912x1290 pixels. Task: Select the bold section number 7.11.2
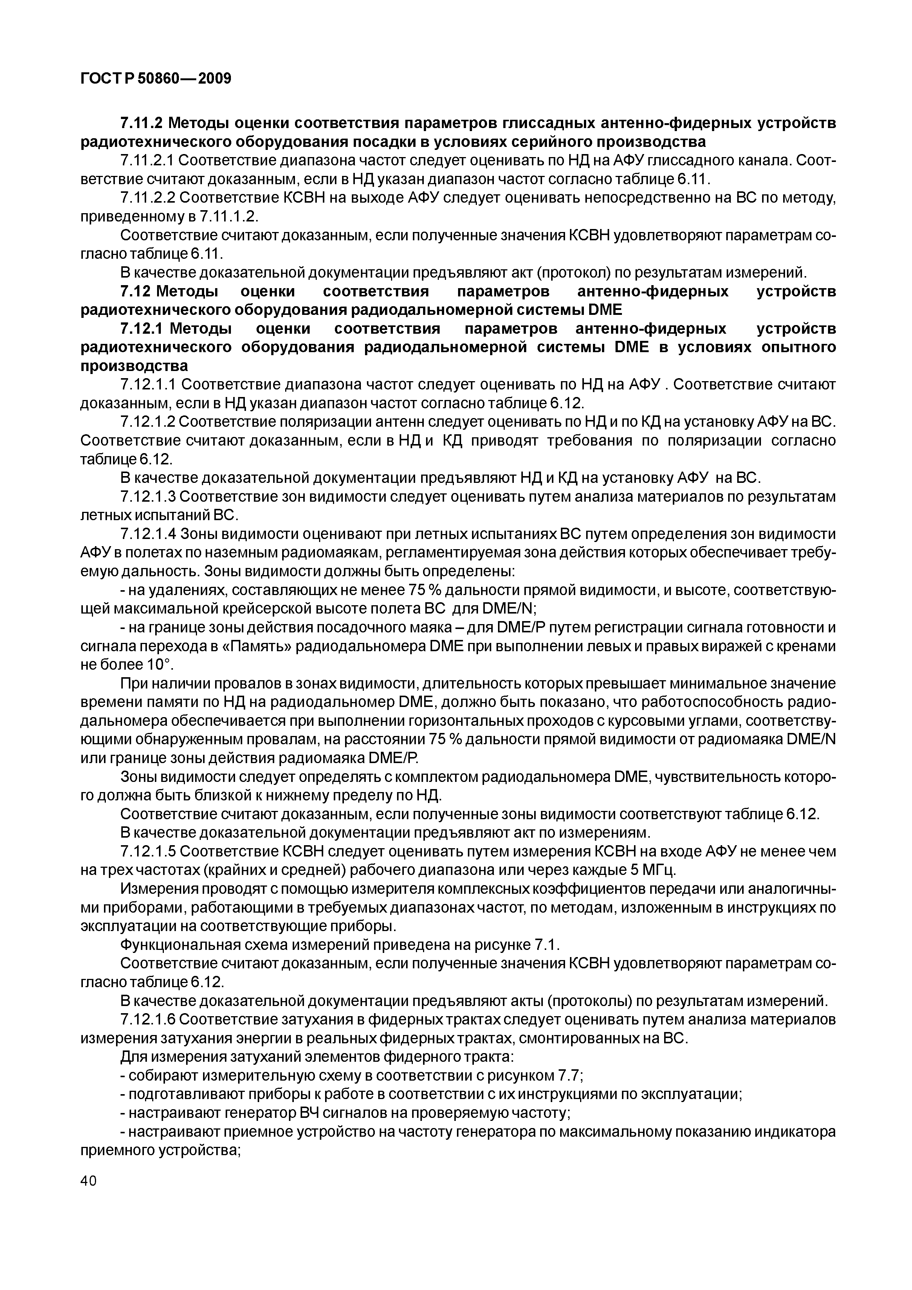click(x=142, y=122)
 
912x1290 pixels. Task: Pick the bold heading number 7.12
click(x=135, y=292)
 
